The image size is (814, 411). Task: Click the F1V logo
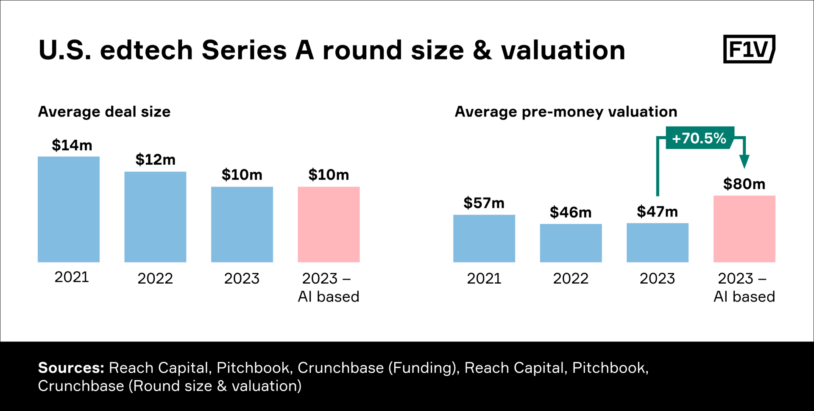pyautogui.click(x=749, y=49)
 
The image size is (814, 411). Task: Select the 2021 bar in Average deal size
pyautogui.click(x=69, y=209)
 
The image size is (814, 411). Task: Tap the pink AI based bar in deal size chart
pyautogui.click(x=329, y=224)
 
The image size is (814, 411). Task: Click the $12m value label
pyautogui.click(x=155, y=160)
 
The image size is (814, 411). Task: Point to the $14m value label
pyautogui.click(x=72, y=145)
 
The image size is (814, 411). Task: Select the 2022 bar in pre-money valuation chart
pyautogui.click(x=571, y=243)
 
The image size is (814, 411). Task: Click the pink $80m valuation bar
pyautogui.click(x=744, y=229)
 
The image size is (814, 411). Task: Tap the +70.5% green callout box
pyautogui.click(x=699, y=138)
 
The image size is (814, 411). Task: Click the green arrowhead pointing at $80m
pyautogui.click(x=744, y=161)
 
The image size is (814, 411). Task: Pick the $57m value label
pyautogui.click(x=484, y=203)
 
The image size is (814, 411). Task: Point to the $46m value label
pyautogui.click(x=571, y=212)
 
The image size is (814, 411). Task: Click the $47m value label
pyautogui.click(x=657, y=211)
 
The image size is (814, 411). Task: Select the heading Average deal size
pyautogui.click(x=104, y=112)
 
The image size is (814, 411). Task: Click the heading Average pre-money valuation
pyautogui.click(x=566, y=112)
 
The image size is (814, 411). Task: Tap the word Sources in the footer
pyautogui.click(x=71, y=368)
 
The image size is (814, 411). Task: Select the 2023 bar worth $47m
pyautogui.click(x=657, y=242)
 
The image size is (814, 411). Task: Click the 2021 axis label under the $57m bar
pyautogui.click(x=484, y=279)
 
